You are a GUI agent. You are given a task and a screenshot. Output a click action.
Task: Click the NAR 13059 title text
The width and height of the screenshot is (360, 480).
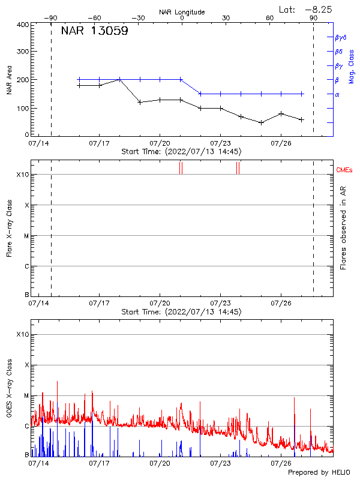pos(94,32)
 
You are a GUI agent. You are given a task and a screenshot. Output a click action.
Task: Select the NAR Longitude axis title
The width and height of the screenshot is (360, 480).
pos(182,11)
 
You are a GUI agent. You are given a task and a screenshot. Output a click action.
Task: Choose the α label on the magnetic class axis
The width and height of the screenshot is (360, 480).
pos(337,94)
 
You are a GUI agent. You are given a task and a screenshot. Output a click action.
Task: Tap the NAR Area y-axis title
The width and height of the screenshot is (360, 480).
pos(8,80)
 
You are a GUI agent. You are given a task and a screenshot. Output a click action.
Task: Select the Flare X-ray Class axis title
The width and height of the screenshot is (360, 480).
pos(8,229)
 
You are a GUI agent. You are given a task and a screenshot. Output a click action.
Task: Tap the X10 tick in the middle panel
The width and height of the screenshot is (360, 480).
pos(23,175)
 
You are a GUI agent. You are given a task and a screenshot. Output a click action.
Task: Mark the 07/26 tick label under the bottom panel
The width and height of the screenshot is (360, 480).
pos(281,463)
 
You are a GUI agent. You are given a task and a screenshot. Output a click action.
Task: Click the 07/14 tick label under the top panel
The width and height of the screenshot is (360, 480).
pos(38,144)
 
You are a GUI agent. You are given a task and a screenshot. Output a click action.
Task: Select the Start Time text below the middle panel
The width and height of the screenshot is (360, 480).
pos(181,312)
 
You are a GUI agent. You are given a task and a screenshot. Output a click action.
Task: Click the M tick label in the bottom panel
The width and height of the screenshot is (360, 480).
pos(26,396)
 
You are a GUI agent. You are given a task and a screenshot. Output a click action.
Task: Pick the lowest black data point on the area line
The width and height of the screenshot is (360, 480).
pos(261,122)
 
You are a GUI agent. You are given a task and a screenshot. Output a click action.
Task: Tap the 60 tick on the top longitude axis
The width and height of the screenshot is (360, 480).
pos(270,18)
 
